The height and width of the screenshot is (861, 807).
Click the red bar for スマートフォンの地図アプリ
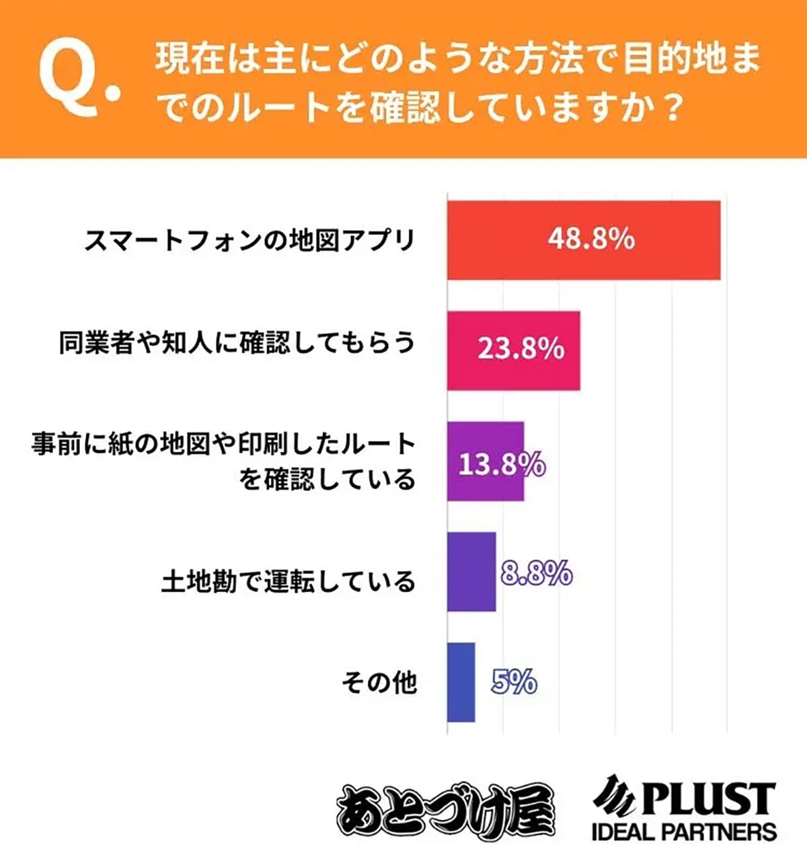584,240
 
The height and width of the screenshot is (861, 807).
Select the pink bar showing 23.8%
514,350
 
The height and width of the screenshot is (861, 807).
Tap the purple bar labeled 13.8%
486,461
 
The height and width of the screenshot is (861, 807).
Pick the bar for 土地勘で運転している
471,572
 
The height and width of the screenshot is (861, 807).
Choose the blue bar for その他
461,682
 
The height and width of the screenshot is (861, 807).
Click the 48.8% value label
590,239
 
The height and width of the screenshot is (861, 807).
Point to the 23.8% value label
521,350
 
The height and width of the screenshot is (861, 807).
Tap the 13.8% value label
501,464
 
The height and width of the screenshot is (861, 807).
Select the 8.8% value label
537,574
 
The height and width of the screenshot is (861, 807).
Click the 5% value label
514,683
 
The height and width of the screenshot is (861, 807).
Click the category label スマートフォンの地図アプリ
249,240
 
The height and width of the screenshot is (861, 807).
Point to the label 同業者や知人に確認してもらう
237,343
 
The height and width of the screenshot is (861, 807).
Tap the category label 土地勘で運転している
289,581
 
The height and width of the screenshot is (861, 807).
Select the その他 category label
379,683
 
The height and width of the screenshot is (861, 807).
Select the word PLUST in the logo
706,799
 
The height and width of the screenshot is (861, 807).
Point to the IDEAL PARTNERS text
684,832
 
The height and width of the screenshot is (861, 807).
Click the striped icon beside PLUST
613,796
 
